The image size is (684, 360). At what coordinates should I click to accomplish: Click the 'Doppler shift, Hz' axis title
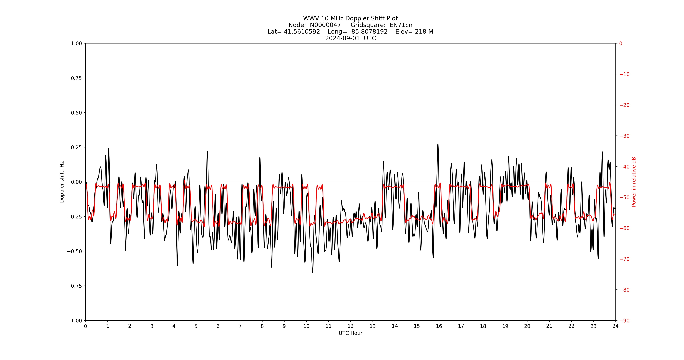[x=62, y=182]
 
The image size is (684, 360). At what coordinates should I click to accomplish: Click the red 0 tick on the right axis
[x=621, y=43]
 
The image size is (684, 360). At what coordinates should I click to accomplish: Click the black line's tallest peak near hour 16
[x=438, y=144]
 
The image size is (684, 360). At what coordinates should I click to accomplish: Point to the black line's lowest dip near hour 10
[x=312, y=272]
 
